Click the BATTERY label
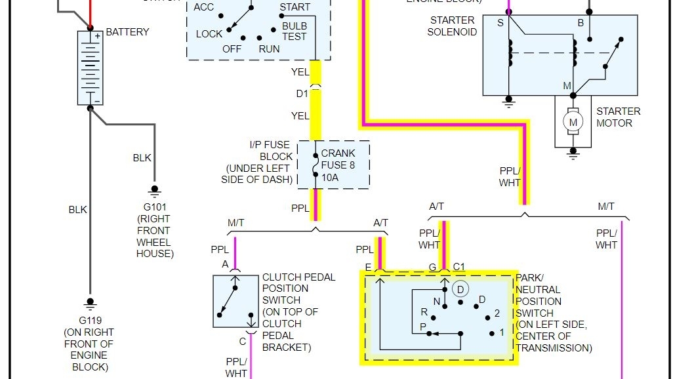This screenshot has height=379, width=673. pyautogui.click(x=127, y=31)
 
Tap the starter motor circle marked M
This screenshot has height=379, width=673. pyautogui.click(x=573, y=122)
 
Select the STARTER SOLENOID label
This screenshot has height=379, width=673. pyautogui.click(x=452, y=26)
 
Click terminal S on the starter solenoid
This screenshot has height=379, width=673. pyautogui.click(x=500, y=23)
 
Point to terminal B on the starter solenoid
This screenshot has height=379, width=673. pyautogui.click(x=580, y=23)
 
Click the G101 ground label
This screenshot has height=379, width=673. pyautogui.click(x=155, y=207)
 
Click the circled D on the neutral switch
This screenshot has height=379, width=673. pyautogui.click(x=460, y=289)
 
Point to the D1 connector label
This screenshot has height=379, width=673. pyautogui.click(x=302, y=94)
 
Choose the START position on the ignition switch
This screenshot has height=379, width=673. pyautogui.click(x=295, y=7)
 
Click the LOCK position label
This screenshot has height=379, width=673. pyautogui.click(x=209, y=34)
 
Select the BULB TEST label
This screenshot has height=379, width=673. pyautogui.click(x=294, y=31)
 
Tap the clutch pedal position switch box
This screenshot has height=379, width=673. pyautogui.click(x=235, y=302)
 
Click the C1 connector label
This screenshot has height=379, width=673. pyautogui.click(x=459, y=267)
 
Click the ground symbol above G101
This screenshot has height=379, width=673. pyautogui.click(x=155, y=190)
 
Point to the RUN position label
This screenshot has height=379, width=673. pyautogui.click(x=269, y=49)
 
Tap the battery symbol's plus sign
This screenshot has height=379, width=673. pyautogui.click(x=96, y=36)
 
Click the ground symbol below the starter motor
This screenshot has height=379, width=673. pyautogui.click(x=573, y=152)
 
